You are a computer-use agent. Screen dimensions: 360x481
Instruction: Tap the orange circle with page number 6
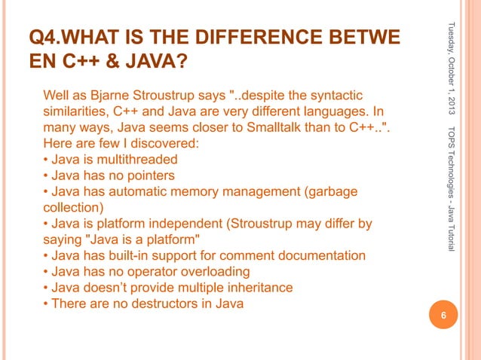tap(444, 316)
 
